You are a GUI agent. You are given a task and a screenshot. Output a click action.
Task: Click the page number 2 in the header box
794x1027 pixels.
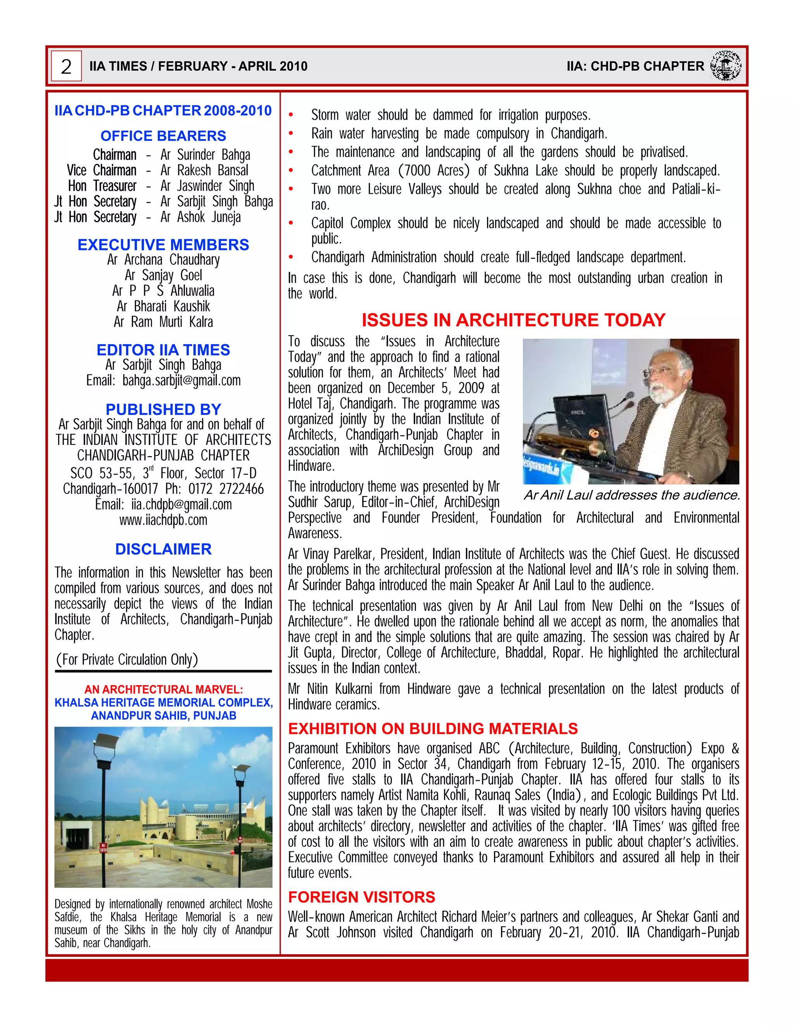[x=66, y=66]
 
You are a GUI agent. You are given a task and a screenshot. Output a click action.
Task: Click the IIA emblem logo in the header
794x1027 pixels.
[x=725, y=65]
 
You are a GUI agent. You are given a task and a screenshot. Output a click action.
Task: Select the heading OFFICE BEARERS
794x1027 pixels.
[x=163, y=136]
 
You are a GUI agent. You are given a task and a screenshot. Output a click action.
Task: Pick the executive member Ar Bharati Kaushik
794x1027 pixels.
[x=163, y=306]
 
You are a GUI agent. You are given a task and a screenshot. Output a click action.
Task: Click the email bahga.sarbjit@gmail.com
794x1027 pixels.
[x=181, y=381]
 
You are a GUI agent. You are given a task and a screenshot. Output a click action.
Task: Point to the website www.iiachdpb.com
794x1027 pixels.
[x=163, y=520]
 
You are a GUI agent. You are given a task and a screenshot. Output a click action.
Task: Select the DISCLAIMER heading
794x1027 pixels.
[x=163, y=549]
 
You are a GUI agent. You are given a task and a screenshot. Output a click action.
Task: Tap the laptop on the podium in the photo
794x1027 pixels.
[x=583, y=419]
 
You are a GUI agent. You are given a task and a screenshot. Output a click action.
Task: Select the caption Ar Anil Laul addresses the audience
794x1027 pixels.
[x=632, y=495]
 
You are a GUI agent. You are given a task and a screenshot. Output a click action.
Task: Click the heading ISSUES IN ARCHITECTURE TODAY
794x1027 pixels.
[x=513, y=320]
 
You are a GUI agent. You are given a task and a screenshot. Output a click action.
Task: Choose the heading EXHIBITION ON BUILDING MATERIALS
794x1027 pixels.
[x=433, y=729]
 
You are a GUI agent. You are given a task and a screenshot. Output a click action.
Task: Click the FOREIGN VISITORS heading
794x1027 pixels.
[x=361, y=897]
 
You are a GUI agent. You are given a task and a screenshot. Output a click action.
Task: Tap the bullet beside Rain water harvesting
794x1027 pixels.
[x=291, y=134]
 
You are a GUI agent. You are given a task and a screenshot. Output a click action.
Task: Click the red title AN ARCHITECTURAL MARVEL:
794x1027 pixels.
[x=163, y=689]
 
